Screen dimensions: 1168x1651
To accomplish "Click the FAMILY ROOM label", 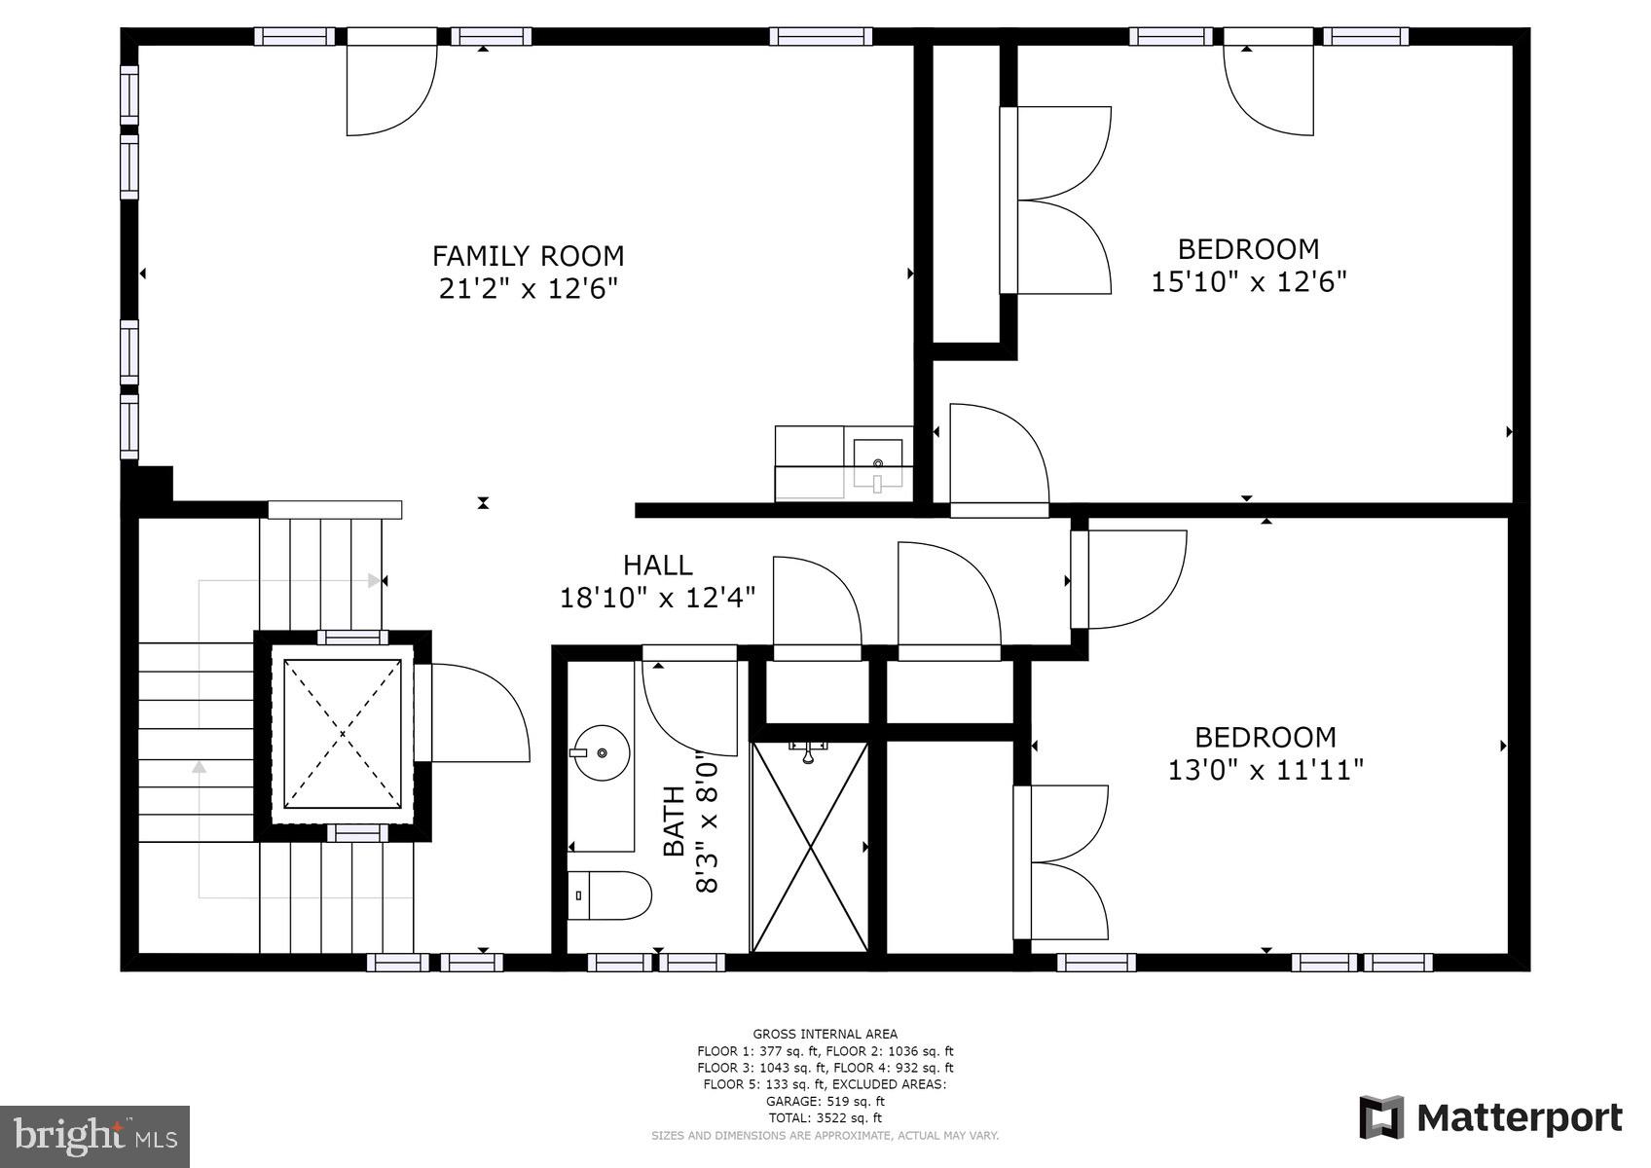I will pos(528,256).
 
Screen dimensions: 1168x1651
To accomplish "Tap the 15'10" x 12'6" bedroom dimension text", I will pos(1248,282).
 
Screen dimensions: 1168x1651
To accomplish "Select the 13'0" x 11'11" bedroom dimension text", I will pos(1265,771).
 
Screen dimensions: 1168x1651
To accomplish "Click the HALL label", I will pos(657,565).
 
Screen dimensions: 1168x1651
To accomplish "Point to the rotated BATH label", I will pos(674,821).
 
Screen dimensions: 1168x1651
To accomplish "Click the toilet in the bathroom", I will pos(608,894).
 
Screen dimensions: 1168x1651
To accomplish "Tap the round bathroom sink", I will pos(601,752).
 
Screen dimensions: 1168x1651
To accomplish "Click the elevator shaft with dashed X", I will pos(343,734).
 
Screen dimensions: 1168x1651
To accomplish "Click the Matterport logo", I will pos(1490,1117).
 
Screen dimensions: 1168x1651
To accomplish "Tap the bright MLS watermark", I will pos(94,1136).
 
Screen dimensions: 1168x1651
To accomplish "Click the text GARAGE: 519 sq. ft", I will pos(825,1102).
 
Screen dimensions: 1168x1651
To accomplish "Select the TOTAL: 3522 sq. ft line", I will pos(825,1118).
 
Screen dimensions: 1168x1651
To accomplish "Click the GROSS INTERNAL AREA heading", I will pos(825,1034).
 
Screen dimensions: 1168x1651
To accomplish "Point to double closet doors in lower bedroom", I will pos(1061,862).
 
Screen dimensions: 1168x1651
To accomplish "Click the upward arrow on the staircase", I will pos(200,768).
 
